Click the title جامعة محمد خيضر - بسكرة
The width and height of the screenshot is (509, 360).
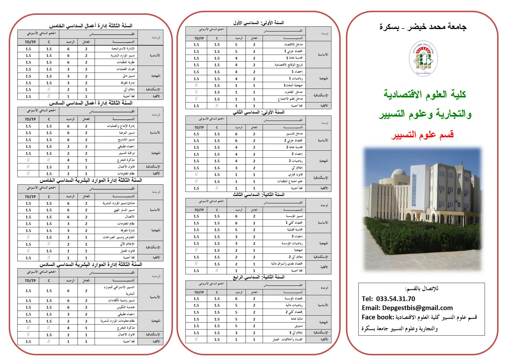click(423, 27)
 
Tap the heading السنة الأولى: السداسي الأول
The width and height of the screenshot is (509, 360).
click(259, 22)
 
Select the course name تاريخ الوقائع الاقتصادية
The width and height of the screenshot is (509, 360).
click(289, 65)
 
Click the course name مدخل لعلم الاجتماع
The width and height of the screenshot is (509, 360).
click(290, 99)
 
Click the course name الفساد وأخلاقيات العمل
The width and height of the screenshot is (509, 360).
click(288, 339)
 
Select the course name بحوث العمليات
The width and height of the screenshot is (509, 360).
click(125, 69)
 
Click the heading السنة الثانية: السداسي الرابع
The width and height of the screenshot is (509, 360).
click(259, 277)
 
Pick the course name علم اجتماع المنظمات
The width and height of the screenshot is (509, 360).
click(290, 181)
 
